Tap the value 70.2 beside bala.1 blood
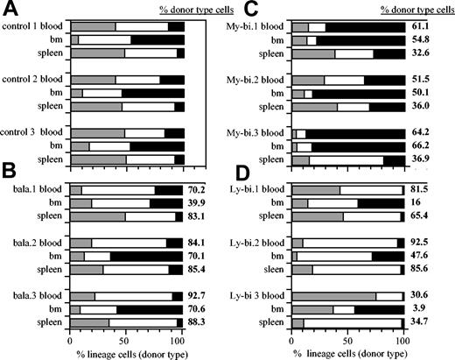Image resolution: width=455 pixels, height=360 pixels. click(x=202, y=190)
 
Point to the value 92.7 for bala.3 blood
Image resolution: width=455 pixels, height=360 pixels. click(x=202, y=297)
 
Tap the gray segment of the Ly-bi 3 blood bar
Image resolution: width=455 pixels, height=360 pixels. click(x=333, y=297)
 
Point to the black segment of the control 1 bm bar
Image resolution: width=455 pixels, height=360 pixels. click(x=157, y=40)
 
